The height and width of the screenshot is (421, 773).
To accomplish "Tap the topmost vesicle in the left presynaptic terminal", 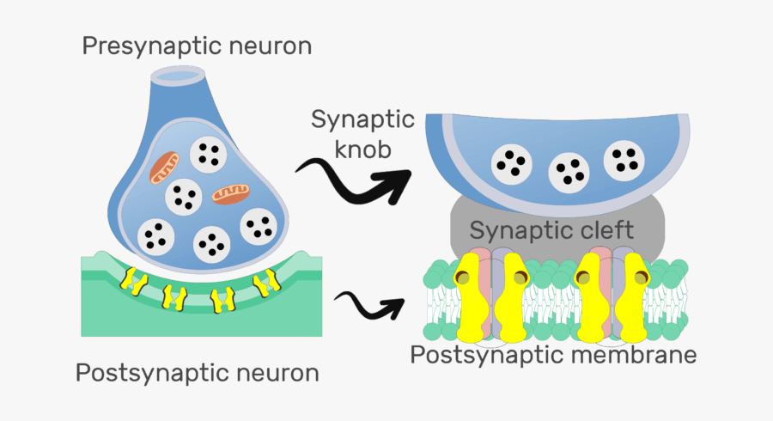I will point(207,155).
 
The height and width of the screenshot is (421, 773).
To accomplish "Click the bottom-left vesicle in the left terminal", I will point(155,234).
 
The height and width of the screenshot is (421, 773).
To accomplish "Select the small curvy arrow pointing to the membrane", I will point(368,303).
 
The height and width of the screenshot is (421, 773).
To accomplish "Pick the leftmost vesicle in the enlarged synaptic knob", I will point(509,164).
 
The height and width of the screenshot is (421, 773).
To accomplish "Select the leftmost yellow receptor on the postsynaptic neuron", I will point(132,278).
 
